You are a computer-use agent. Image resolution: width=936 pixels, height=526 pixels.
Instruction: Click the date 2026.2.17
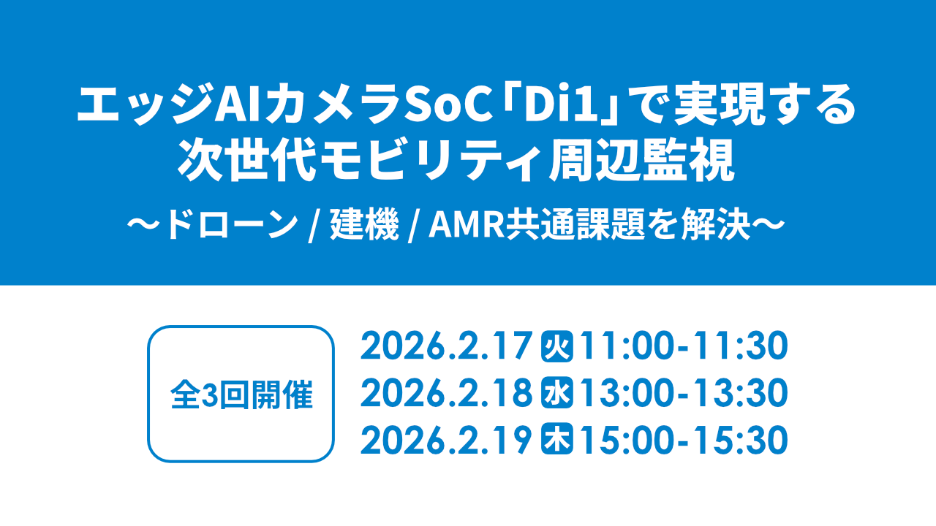(445, 347)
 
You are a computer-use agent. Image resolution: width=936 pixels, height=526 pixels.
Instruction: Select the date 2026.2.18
(445, 394)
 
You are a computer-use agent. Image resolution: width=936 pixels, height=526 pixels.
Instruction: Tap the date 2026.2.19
(445, 441)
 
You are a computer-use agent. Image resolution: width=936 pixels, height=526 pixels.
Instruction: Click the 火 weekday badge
(556, 347)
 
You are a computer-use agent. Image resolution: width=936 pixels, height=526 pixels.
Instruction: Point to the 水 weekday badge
(556, 394)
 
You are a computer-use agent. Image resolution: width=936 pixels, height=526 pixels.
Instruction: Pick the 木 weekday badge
(556, 441)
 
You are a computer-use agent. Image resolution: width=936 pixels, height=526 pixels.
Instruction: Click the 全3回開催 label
(241, 394)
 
